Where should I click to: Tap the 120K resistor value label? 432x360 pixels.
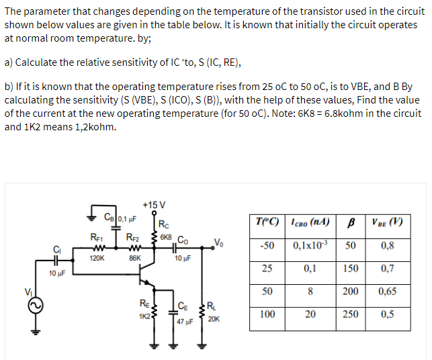[x=97, y=257]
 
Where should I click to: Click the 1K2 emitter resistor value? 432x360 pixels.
[x=144, y=315]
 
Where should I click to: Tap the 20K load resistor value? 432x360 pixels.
[x=214, y=319]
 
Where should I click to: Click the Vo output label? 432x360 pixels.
[x=217, y=242]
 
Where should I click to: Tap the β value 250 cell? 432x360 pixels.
[x=350, y=314]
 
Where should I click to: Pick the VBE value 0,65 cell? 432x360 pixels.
[x=388, y=291]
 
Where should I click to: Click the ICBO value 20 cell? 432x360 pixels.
[x=310, y=314]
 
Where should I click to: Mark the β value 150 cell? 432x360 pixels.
[x=350, y=268]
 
